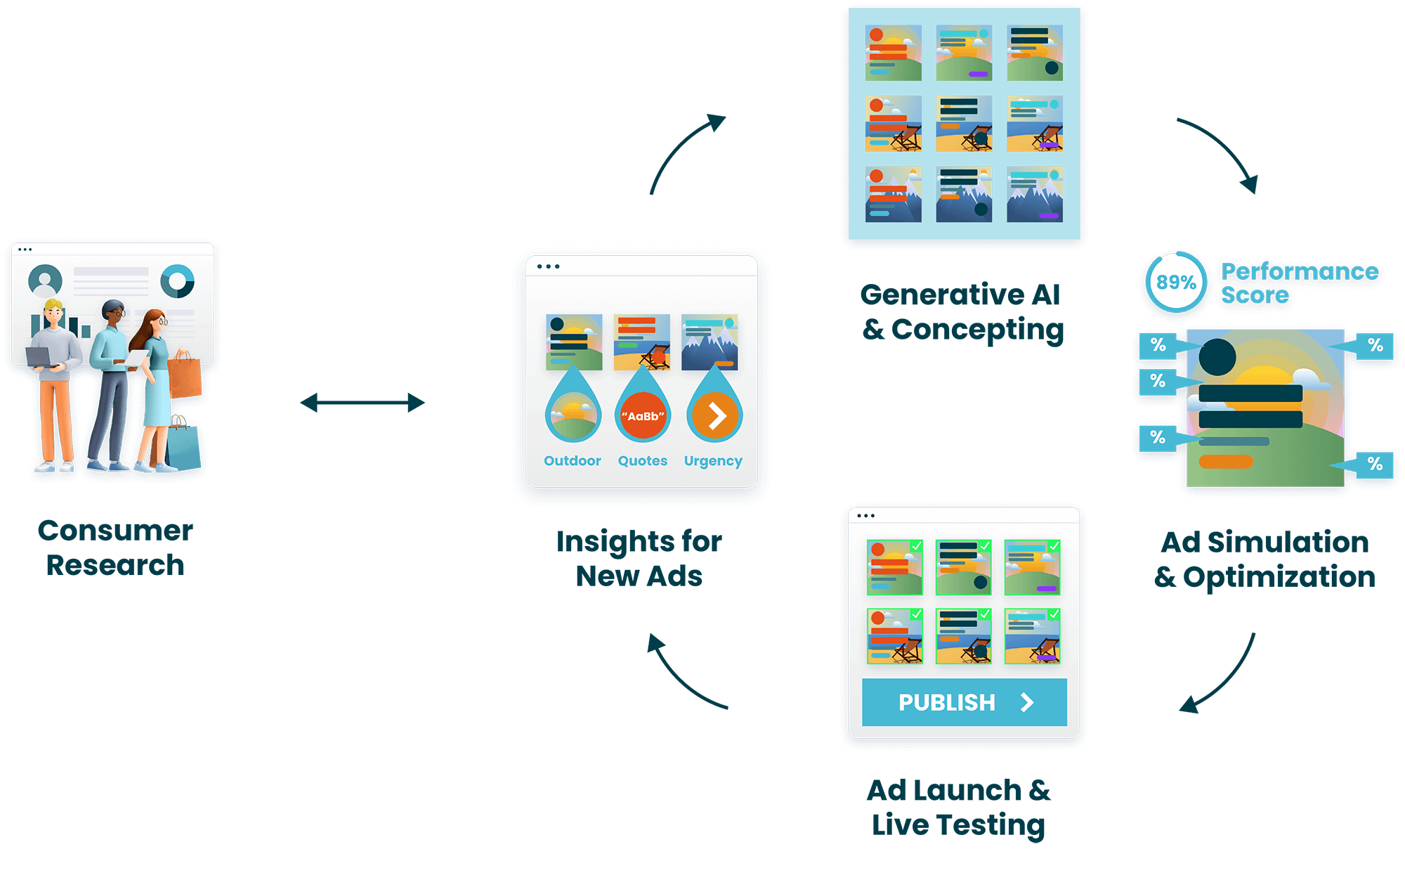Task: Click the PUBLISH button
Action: pos(964,702)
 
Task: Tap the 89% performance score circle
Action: pos(1176,283)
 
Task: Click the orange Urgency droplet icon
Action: pos(714,415)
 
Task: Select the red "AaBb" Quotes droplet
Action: pos(643,415)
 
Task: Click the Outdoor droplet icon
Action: pos(573,415)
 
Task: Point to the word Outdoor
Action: pos(572,460)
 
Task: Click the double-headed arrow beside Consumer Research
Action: pos(362,403)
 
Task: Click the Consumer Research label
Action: pos(115,548)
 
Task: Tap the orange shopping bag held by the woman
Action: pos(185,377)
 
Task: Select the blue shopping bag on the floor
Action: pos(183,448)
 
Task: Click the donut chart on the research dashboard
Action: pos(177,281)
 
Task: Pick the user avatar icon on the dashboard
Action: pos(45,281)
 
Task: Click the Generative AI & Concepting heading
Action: pos(962,311)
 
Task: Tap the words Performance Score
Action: pos(1298,283)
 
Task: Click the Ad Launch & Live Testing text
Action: pos(958,807)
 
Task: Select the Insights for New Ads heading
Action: pos(639,558)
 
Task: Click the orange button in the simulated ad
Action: pos(1225,462)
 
